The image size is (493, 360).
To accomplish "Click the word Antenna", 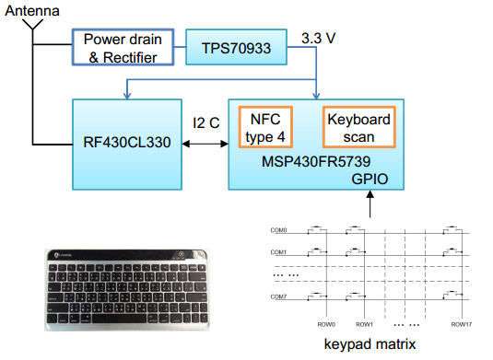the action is [32, 11].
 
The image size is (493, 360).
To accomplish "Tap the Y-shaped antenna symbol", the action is [32, 25].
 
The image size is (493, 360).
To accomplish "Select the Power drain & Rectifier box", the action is [123, 47].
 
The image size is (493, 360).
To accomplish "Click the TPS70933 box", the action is [236, 47].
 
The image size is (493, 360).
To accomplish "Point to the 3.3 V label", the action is [318, 39].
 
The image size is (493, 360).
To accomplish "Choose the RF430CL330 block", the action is [127, 145].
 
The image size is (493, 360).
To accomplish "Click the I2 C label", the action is [205, 122].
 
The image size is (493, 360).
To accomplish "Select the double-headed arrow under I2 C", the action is [205, 144].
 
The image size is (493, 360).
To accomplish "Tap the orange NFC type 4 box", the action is [265, 127].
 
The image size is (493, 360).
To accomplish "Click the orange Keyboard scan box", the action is [359, 127].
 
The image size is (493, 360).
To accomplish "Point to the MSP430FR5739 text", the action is [316, 161].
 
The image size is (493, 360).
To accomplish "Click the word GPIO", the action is [370, 179].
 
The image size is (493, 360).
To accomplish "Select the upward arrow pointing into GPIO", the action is [370, 204].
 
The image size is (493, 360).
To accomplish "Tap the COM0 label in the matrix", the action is [278, 230].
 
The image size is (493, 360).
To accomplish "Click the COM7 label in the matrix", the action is [278, 296].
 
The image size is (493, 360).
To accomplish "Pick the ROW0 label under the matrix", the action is [326, 324].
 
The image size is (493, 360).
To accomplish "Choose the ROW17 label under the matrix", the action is [462, 324].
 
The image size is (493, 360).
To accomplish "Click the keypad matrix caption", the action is [370, 344].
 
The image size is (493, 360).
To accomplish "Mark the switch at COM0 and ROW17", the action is [452, 229].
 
